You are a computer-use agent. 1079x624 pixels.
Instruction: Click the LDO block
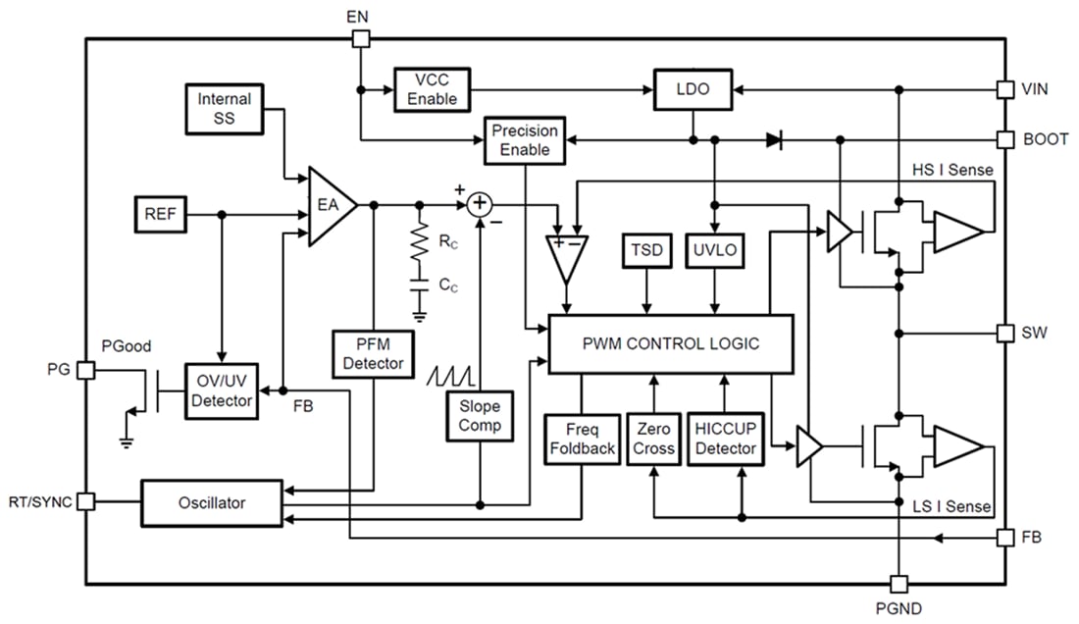tap(693, 89)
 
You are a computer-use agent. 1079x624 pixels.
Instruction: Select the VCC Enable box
tap(433, 89)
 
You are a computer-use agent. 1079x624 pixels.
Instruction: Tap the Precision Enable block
tap(525, 140)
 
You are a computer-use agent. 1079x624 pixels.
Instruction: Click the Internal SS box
tap(225, 109)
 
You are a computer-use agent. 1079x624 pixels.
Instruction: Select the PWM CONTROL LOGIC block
tap(669, 344)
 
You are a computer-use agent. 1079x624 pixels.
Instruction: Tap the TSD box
tap(647, 251)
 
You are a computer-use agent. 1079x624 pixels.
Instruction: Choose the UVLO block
tap(715, 251)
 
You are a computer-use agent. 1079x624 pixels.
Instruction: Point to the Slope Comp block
tap(480, 415)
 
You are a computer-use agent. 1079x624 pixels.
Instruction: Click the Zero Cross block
tap(653, 439)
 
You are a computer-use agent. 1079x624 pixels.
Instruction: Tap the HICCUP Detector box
tap(725, 439)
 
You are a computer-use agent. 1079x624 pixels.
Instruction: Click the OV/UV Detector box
tap(222, 391)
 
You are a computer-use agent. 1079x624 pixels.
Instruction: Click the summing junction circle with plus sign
tap(480, 203)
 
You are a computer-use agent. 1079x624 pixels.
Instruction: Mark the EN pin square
tap(360, 38)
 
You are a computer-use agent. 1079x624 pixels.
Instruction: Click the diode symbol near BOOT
tap(774, 140)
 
